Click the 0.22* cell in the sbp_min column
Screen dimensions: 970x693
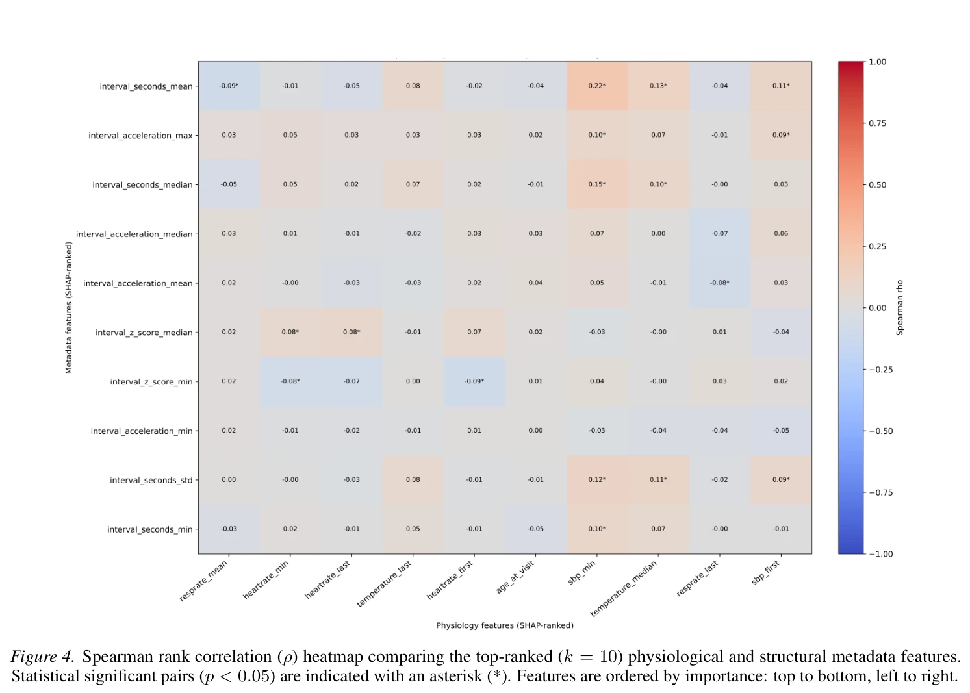(x=596, y=86)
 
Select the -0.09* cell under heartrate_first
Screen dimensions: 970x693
(x=474, y=381)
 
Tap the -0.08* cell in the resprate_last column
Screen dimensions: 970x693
(x=720, y=283)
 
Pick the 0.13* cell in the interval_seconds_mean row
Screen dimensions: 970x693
(x=658, y=86)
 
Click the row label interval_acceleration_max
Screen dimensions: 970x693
(x=140, y=136)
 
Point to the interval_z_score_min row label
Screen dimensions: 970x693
(x=151, y=382)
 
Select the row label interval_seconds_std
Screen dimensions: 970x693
(x=151, y=480)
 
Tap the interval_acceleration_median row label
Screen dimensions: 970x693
(x=134, y=234)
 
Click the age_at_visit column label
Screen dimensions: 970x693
(x=515, y=577)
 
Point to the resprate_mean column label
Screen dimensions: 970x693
(x=203, y=581)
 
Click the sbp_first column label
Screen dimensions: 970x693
(x=766, y=573)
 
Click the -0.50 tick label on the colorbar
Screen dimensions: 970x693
(x=880, y=431)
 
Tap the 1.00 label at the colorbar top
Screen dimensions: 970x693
(x=877, y=62)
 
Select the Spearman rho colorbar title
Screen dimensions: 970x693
(x=899, y=307)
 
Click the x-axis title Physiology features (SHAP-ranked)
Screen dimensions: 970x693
(x=505, y=625)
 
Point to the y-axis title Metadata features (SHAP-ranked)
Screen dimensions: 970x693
(x=68, y=308)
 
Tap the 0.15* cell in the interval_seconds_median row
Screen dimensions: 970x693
(x=596, y=184)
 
